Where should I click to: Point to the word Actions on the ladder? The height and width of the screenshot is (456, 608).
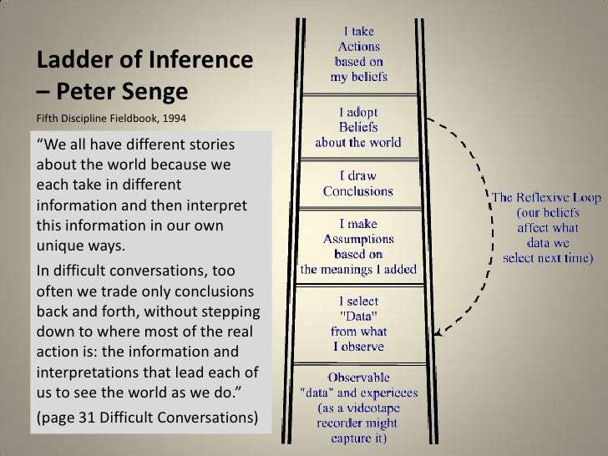click(x=358, y=47)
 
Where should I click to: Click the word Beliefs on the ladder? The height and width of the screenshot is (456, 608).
click(x=358, y=127)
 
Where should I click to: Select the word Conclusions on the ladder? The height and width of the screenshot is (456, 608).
click(x=358, y=191)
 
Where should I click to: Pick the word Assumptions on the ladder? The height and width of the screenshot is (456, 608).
click(x=358, y=239)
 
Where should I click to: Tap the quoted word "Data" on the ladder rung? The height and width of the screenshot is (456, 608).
click(x=358, y=316)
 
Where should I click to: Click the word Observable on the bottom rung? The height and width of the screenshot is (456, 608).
click(x=358, y=377)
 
